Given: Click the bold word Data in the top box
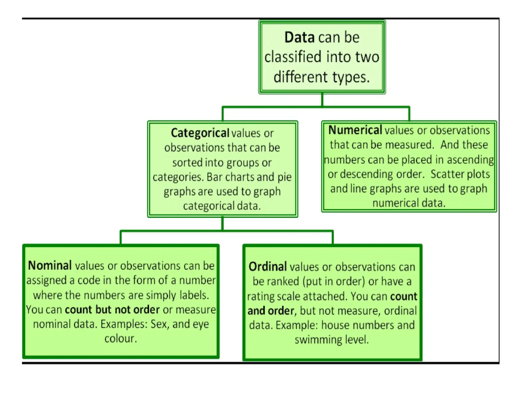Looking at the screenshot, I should pyautogui.click(x=299, y=37).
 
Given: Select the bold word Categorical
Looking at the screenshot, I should pyautogui.click(x=200, y=133).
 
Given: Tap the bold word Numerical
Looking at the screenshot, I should pyautogui.click(x=355, y=130).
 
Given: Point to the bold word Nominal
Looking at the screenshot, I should pyautogui.click(x=50, y=265).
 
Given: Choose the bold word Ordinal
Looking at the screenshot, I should pyautogui.click(x=268, y=267).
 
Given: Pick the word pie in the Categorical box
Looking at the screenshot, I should pyautogui.click(x=284, y=177).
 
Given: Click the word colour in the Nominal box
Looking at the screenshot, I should pyautogui.click(x=121, y=339).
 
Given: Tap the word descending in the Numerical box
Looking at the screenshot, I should pyautogui.click(x=367, y=174).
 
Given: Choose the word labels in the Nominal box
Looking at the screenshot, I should pyautogui.click(x=194, y=295).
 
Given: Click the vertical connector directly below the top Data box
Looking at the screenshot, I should pyautogui.click(x=322, y=100).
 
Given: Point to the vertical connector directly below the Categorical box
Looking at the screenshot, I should pyautogui.click(x=222, y=224).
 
